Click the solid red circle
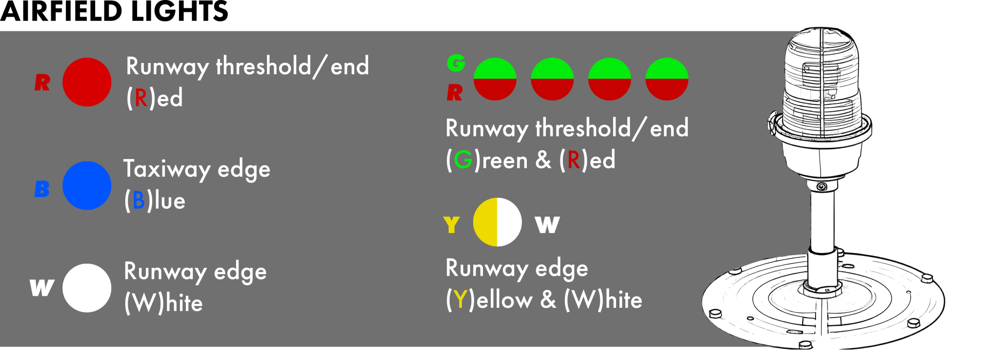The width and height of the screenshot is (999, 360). click(x=87, y=82)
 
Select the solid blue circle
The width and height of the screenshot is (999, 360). click(x=87, y=185)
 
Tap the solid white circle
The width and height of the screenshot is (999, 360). click(x=87, y=288)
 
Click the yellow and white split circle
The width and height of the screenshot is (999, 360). click(x=497, y=222)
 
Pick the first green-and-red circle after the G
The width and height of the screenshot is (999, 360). click(x=495, y=79)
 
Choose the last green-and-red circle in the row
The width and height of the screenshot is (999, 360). click(x=666, y=79)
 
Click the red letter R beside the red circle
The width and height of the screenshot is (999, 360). click(x=42, y=82)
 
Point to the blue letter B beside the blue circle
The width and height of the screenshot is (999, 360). click(x=42, y=189)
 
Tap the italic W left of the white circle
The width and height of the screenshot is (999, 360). click(x=41, y=288)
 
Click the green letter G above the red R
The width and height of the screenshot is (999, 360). click(x=456, y=62)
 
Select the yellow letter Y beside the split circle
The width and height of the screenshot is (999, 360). click(x=452, y=225)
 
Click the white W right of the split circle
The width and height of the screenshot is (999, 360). click(x=547, y=225)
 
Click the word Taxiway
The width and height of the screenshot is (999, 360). click(x=167, y=170)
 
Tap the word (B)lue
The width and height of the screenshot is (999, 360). click(x=155, y=200)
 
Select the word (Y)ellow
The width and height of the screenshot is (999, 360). click(x=489, y=300)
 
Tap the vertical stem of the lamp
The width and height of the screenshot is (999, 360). click(x=822, y=220)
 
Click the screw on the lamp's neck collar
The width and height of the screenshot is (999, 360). click(x=822, y=187)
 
